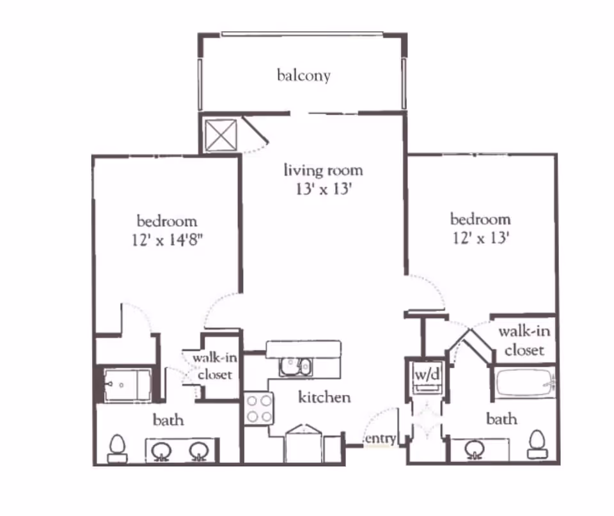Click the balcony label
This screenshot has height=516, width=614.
pos(304,75)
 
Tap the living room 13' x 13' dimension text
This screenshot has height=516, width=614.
pos(324,191)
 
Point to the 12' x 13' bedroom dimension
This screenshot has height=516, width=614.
pos(480,238)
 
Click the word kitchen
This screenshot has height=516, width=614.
pos(324,397)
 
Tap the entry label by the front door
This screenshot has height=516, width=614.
pos(380,439)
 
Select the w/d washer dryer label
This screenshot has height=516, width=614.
pos(427,375)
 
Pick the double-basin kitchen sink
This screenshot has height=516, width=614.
pos(295,367)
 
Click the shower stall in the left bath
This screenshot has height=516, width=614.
pos(128,385)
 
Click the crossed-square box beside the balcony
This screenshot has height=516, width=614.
pos(219,134)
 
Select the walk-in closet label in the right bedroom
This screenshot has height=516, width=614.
pos(524,341)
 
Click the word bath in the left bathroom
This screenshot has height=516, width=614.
pos(168,419)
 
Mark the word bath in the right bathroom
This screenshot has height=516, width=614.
pos(501,419)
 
